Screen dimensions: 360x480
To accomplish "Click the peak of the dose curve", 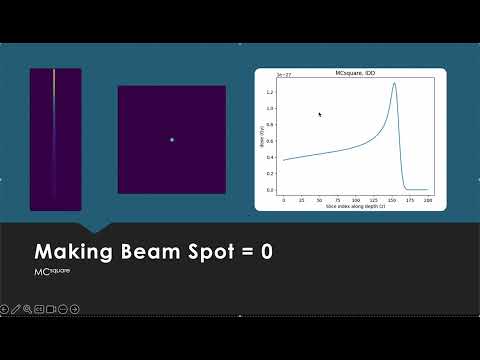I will tap(395, 83).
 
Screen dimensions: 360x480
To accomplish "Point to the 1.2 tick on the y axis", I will tap(270, 91).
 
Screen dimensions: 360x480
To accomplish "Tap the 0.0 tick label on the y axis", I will tap(270, 190).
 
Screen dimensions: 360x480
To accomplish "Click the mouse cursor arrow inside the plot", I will tap(319, 114).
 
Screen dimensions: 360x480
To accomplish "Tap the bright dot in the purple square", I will tap(171, 140).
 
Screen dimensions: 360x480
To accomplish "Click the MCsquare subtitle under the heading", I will tap(51, 271).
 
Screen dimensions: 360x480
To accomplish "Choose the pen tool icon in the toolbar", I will tap(16, 308).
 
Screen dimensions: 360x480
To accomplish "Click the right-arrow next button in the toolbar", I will tap(75, 308).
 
